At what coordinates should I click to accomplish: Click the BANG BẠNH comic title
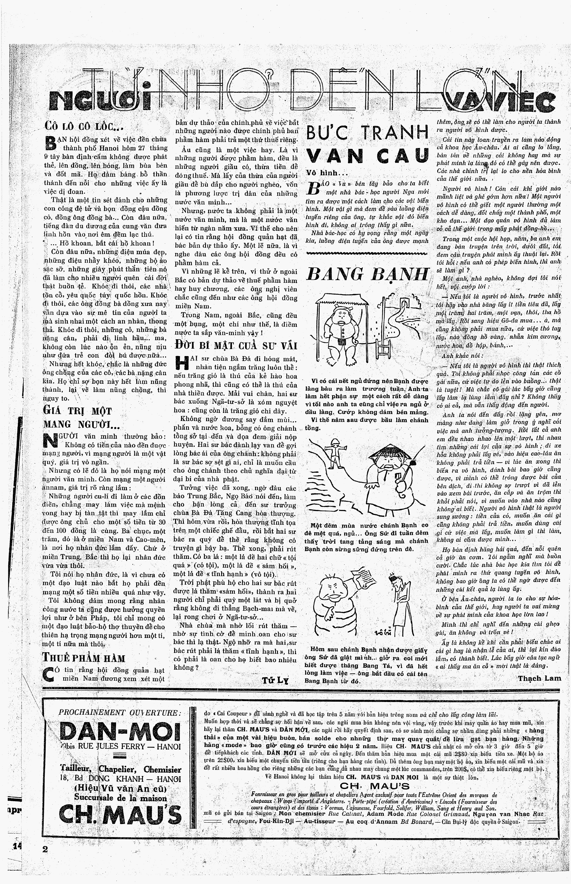pos(367,275)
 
